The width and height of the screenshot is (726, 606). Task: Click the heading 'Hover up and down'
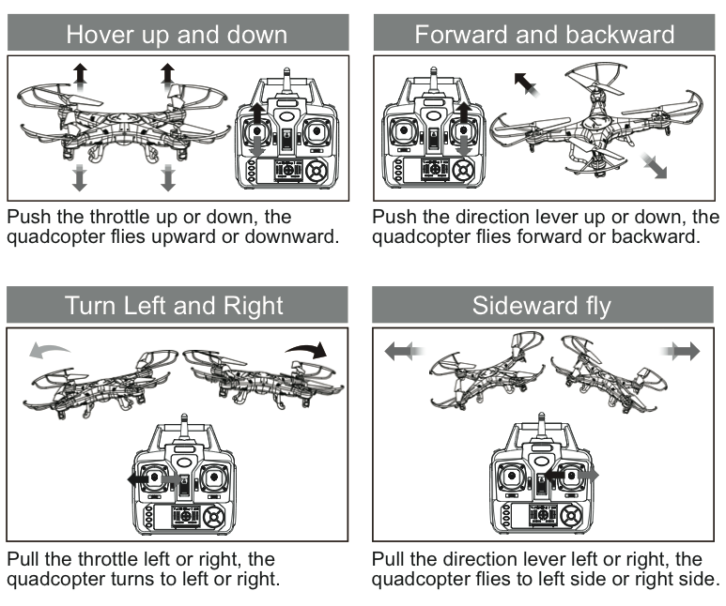(177, 35)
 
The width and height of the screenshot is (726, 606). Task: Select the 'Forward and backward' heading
(545, 35)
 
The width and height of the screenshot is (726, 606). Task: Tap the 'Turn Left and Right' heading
(174, 306)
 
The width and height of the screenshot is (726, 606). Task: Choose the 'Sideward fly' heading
(542, 306)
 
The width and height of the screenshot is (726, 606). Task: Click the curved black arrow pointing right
(307, 349)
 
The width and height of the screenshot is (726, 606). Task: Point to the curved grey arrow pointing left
(48, 349)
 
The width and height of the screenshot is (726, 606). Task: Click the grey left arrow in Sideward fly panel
(404, 351)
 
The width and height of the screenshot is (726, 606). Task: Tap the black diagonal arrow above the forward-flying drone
(527, 84)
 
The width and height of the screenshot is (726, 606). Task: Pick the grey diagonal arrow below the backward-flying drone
(654, 166)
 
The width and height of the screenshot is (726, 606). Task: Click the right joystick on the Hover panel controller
(317, 131)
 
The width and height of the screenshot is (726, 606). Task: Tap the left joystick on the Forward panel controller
(404, 130)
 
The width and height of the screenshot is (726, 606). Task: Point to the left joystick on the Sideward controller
(512, 476)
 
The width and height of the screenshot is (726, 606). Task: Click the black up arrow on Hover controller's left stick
(257, 114)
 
